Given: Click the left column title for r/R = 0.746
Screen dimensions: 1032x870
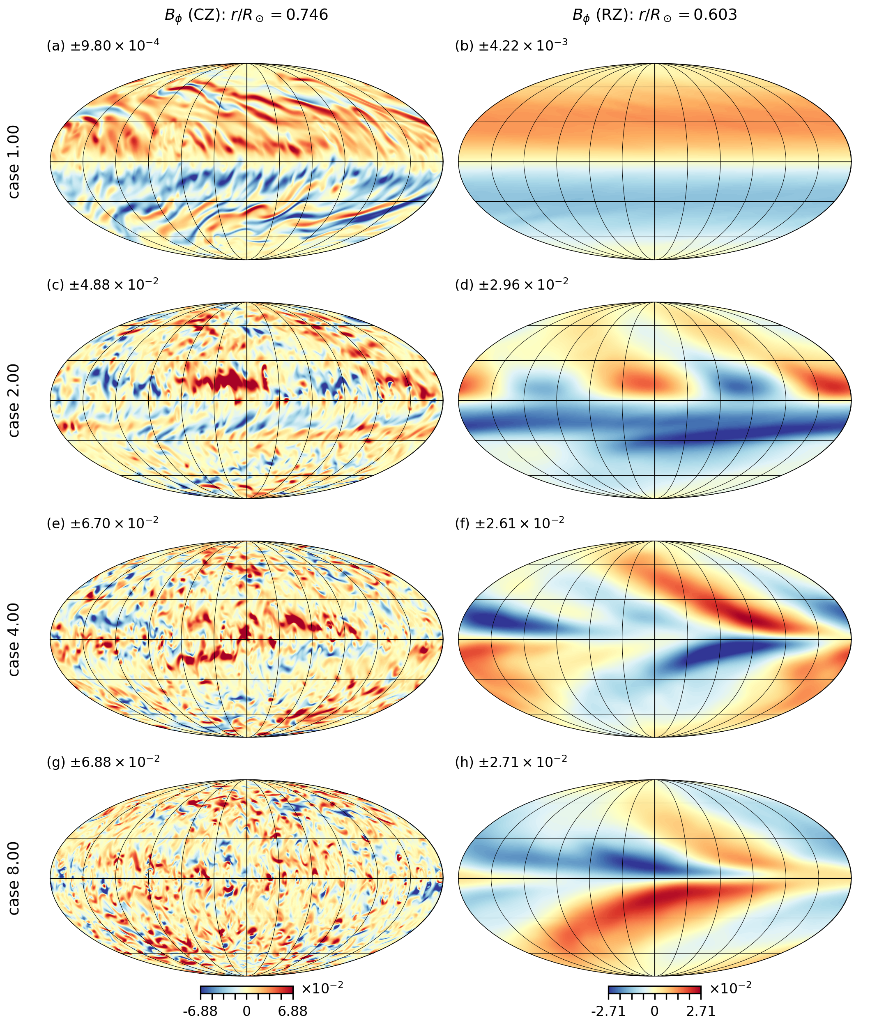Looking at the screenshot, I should (x=246, y=15).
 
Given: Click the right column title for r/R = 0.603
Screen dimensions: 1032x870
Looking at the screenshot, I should (x=654, y=15).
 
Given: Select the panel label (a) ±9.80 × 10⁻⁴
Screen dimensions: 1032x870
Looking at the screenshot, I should (x=103, y=46).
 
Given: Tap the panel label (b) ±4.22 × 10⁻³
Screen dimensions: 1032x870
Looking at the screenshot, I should (x=511, y=46).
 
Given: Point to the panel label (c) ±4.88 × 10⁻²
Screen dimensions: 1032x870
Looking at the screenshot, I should (x=103, y=285).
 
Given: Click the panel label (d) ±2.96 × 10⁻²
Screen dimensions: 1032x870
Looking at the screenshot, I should (x=511, y=285).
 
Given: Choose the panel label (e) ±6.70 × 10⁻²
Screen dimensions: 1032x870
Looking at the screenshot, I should (x=103, y=523).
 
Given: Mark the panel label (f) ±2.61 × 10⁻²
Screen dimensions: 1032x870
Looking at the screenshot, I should (x=509, y=523).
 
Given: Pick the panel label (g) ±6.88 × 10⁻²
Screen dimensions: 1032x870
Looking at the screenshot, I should (x=103, y=762).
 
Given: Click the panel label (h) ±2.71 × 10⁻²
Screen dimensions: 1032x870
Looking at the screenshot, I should (x=511, y=762).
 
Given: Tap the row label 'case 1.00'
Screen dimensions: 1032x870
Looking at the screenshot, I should (x=14, y=162).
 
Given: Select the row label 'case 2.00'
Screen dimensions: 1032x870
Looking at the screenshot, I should (x=14, y=401).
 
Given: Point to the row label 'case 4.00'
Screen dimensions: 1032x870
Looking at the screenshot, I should (x=14, y=639).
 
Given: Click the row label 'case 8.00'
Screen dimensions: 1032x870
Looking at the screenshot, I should (x=14, y=878).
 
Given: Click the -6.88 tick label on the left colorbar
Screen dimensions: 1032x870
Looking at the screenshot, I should (x=200, y=1011).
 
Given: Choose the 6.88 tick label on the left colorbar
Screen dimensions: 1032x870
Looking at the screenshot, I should (x=292, y=1011).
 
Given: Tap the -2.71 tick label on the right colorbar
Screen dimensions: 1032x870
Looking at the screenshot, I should (x=609, y=1011).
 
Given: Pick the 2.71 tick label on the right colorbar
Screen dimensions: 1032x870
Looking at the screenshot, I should (x=701, y=1011).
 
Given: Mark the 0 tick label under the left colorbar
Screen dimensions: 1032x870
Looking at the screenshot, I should (x=246, y=1011).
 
